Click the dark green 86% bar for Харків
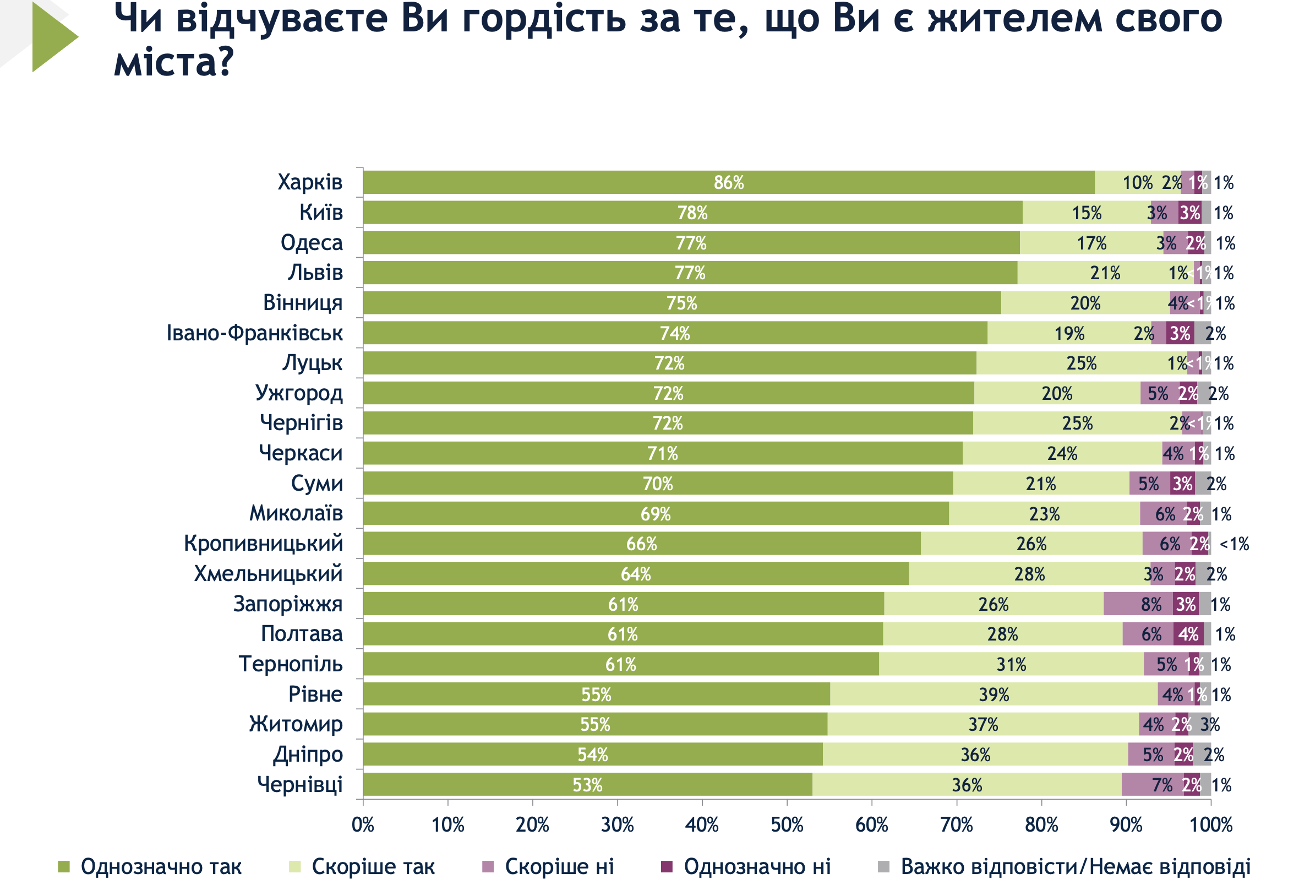(728, 182)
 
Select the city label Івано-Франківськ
(254, 333)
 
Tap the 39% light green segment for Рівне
(993, 694)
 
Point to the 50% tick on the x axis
(787, 824)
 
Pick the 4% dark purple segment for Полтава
(1188, 634)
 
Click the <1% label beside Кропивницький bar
(1234, 544)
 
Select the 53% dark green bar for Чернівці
(587, 784)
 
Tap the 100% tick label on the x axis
(1211, 824)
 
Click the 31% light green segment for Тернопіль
(1011, 664)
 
